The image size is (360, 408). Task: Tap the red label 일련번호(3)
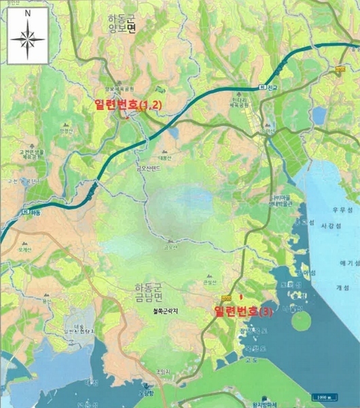[x=243, y=312]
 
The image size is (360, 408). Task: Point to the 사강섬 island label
[x=329, y=231]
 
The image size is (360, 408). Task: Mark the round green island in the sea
[x=302, y=320]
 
